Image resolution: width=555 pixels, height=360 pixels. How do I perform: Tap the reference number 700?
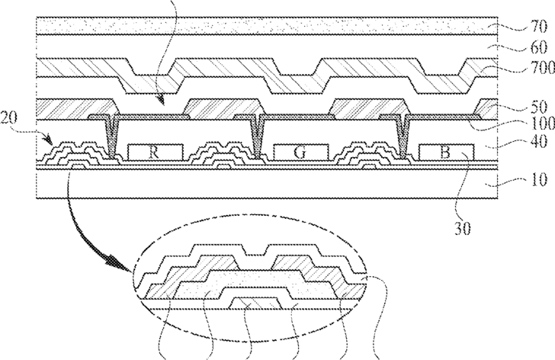point(543,68)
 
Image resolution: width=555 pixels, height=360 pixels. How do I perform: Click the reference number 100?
point(543,124)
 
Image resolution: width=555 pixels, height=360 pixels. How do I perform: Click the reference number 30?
point(463,229)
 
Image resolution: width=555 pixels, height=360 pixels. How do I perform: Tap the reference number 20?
point(8,117)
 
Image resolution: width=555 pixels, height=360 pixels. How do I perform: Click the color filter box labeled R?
point(156,153)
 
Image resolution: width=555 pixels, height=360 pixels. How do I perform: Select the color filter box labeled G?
point(301,153)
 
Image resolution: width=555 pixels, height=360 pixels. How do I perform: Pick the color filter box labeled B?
point(446,153)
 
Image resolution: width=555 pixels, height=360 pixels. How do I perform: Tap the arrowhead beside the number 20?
point(48,140)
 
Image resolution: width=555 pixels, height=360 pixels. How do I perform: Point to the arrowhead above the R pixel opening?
point(160,100)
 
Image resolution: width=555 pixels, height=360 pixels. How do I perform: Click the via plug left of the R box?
point(112,137)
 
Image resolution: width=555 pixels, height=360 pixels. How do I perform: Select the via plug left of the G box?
point(258,137)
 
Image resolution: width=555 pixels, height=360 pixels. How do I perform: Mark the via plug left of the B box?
point(403,137)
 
